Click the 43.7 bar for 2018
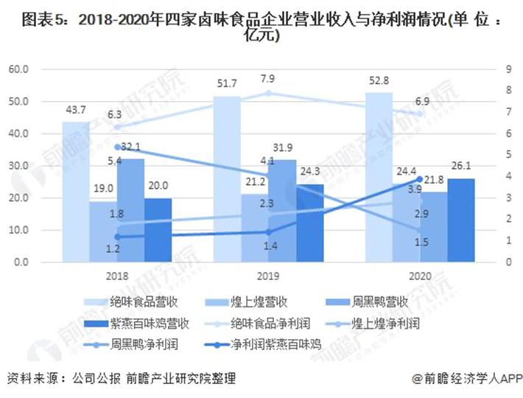pos(75,192)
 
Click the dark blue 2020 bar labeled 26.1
pos(461,220)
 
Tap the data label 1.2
pos(113,249)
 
